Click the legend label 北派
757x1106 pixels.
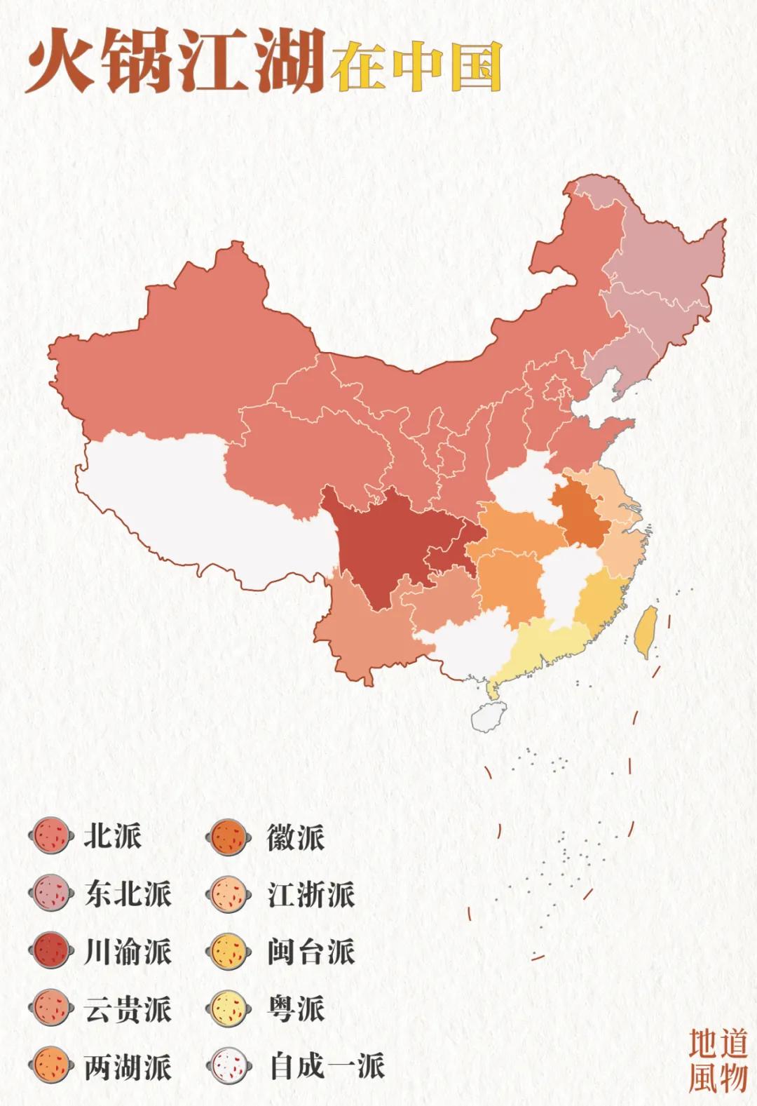(112, 836)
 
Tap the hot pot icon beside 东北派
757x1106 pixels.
(51, 893)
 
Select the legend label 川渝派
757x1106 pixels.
(127, 952)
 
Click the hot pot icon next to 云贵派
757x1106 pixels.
(51, 1009)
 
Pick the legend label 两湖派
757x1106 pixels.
(127, 1067)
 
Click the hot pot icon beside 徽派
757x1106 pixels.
(229, 837)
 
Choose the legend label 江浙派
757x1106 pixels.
(311, 894)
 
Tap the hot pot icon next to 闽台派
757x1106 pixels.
(229, 952)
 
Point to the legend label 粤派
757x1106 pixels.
(295, 1009)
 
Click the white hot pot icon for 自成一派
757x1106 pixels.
(229, 1067)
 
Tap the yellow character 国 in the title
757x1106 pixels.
(475, 66)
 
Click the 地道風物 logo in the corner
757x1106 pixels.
(717, 1060)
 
